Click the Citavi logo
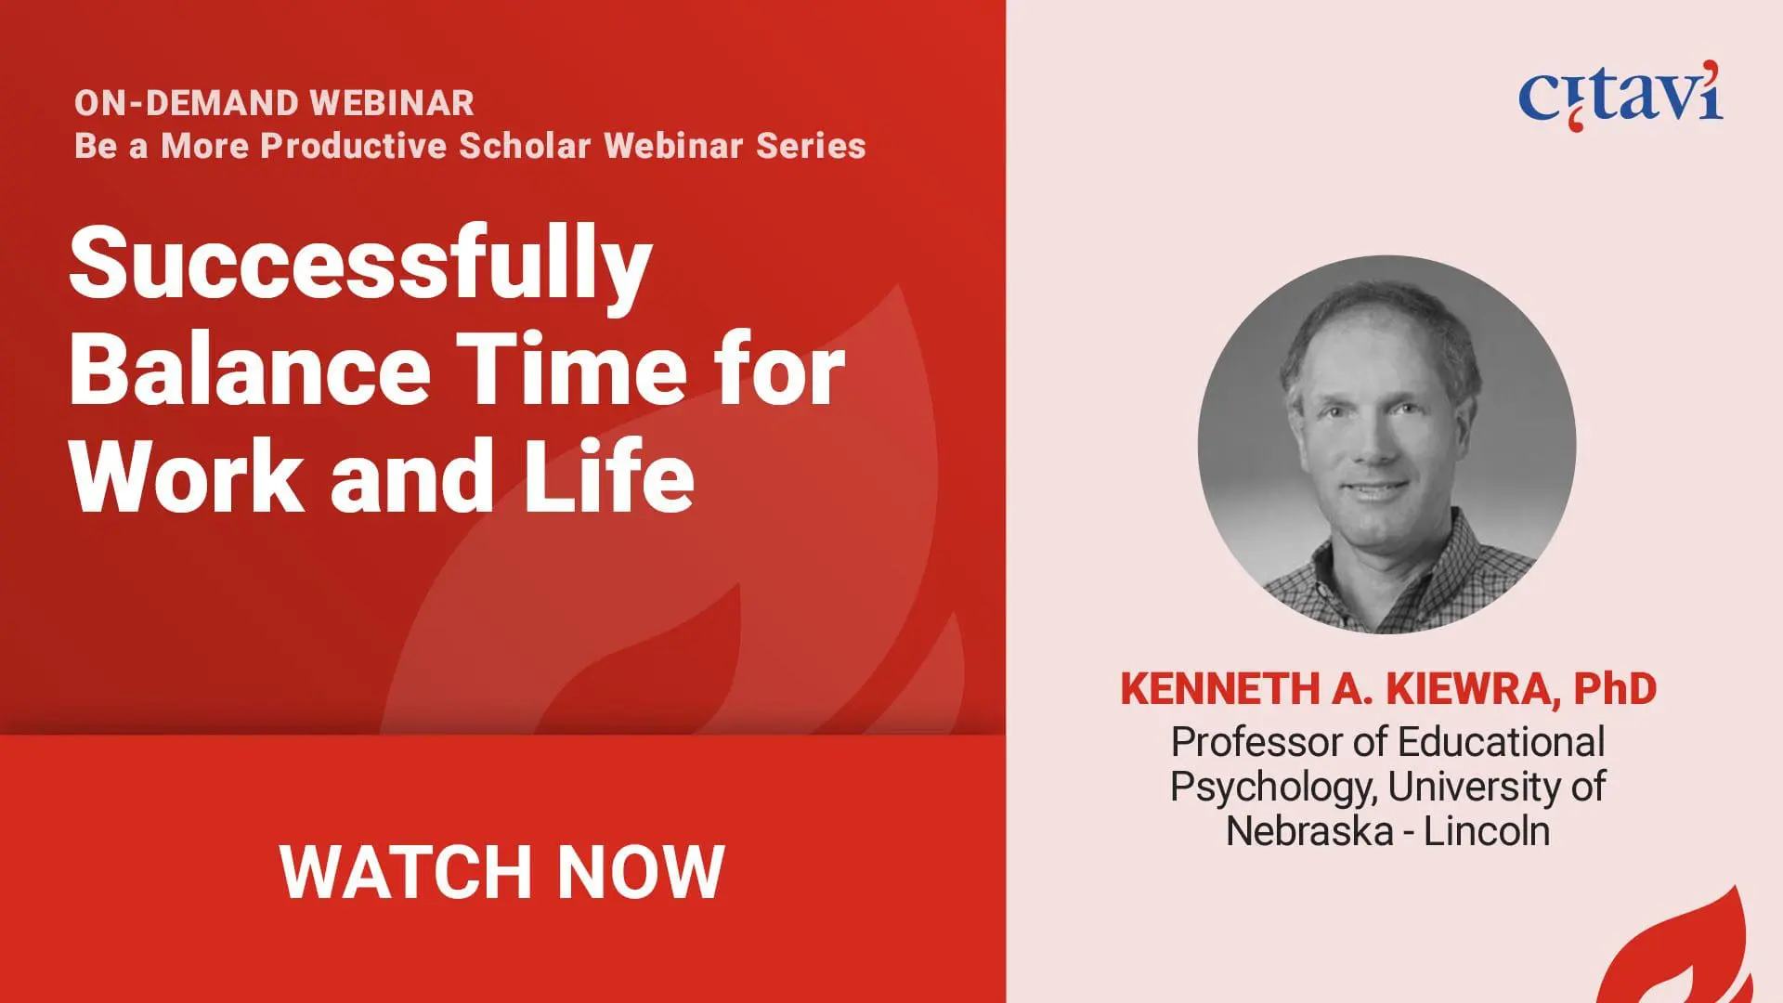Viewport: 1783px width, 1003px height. [1620, 95]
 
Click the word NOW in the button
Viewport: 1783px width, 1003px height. [641, 872]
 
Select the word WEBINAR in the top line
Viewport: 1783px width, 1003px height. [391, 103]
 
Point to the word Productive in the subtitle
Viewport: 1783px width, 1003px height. [354, 146]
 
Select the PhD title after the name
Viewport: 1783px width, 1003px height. [1616, 689]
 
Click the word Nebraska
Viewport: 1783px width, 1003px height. [1309, 830]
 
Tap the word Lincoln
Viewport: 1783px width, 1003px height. [1487, 830]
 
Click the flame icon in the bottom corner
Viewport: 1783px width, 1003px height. [1676, 952]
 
